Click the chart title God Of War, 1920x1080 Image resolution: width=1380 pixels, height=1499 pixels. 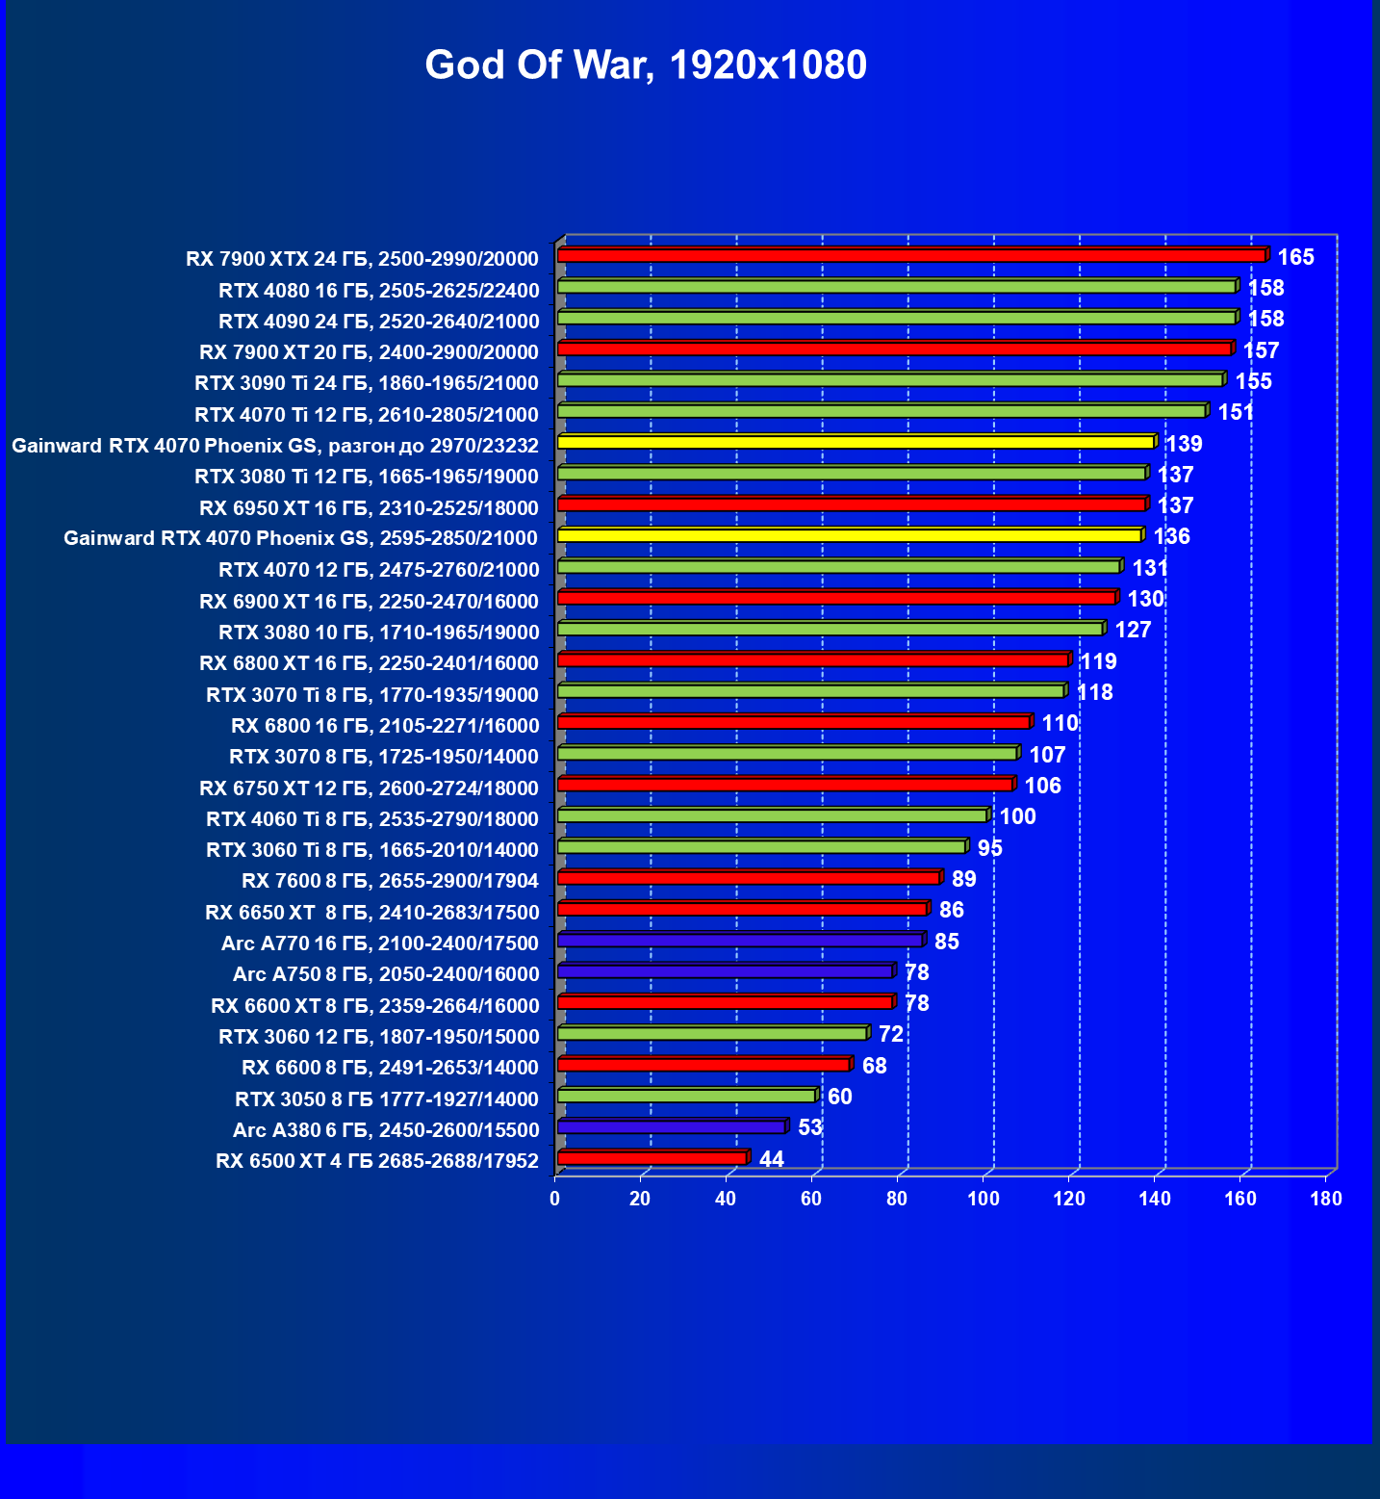(646, 65)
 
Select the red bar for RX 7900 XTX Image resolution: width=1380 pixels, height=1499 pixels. (910, 255)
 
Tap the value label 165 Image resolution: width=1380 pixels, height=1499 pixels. (1295, 257)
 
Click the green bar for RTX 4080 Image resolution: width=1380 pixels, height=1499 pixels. (896, 287)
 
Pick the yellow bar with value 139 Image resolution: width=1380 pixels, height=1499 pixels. (856, 442)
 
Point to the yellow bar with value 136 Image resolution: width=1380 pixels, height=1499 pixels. (849, 535)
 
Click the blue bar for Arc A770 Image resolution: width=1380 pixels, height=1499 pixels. (739, 940)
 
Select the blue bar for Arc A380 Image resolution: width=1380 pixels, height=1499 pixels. (671, 1126)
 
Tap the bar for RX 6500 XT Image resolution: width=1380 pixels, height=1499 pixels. (652, 1157)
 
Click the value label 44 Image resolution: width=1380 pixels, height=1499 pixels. (772, 1159)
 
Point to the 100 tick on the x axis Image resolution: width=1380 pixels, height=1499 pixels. (983, 1199)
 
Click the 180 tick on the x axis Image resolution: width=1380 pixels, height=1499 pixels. (1326, 1199)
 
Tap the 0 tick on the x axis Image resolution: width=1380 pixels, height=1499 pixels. (555, 1199)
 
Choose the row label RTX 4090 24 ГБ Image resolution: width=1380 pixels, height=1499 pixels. (378, 322)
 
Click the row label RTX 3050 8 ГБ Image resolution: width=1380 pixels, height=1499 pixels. (387, 1099)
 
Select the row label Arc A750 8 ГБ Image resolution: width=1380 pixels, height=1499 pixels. (386, 974)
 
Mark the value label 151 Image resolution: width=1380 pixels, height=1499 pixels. (1236, 413)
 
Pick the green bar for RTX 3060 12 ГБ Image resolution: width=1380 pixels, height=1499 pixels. (712, 1033)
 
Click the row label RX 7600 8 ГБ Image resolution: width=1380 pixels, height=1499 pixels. (390, 881)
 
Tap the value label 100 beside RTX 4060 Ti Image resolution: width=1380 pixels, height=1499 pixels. (1017, 817)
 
